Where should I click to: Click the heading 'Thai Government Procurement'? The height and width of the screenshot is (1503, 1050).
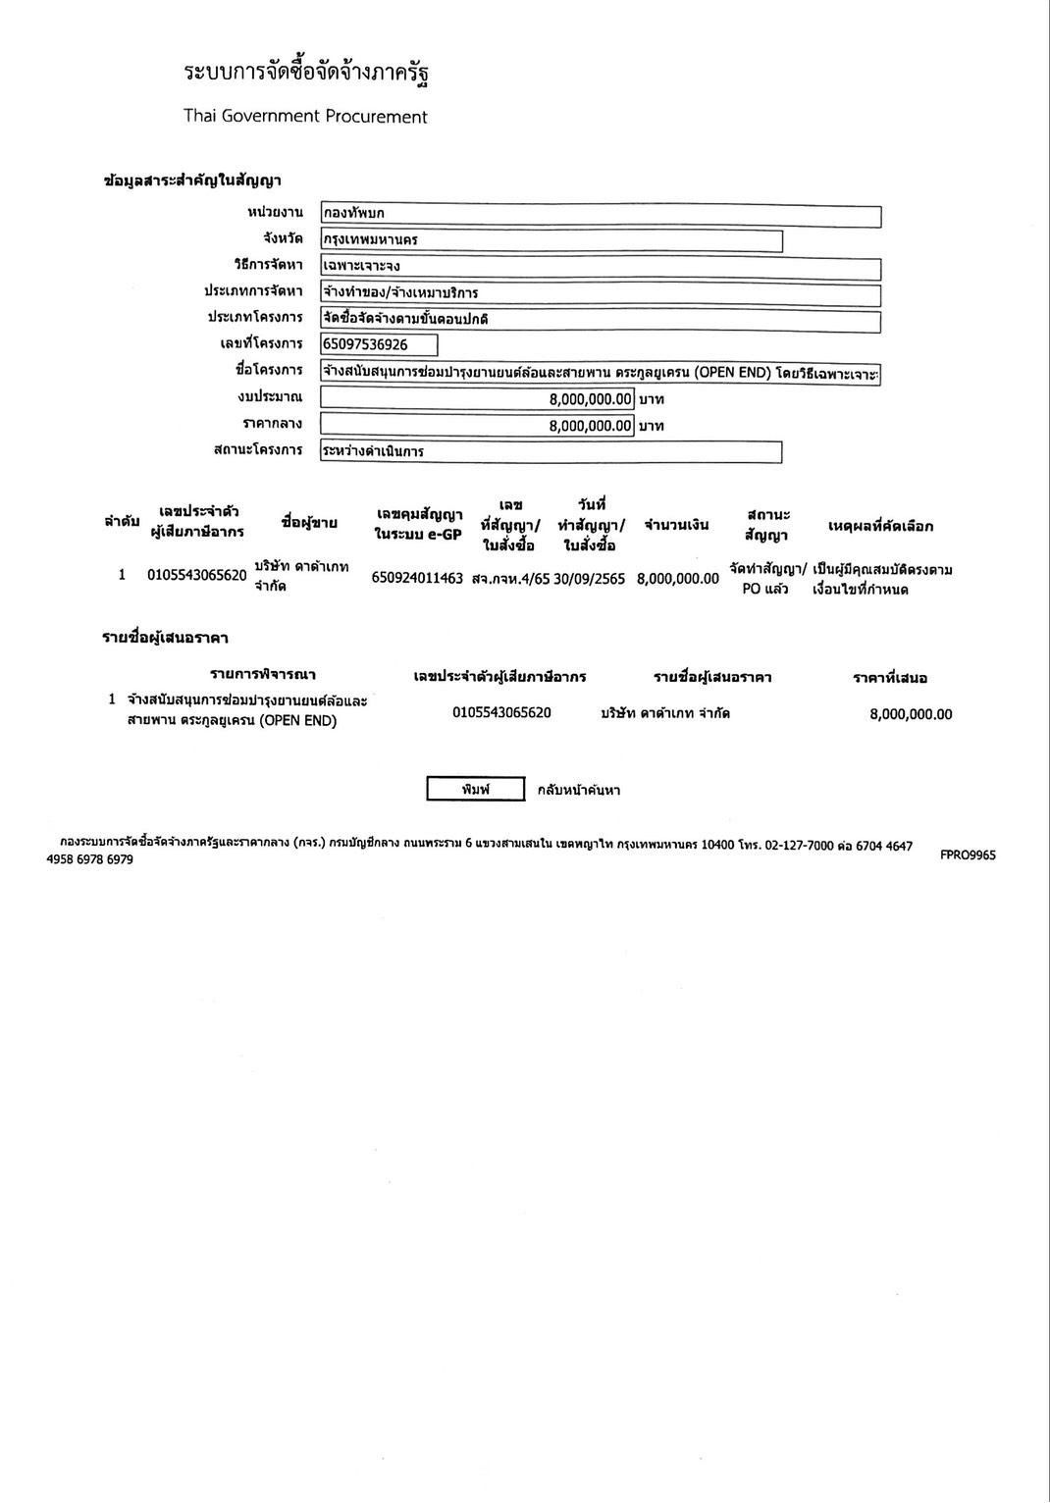pyautogui.click(x=305, y=117)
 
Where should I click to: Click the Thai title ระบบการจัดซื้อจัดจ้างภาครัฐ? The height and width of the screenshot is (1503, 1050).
pyautogui.click(x=306, y=75)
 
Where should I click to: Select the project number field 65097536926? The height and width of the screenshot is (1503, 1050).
pyautogui.click(x=379, y=344)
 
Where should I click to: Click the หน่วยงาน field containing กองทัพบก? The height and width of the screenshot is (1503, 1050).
pyautogui.click(x=601, y=214)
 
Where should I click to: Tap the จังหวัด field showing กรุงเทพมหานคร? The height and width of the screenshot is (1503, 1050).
pyautogui.click(x=551, y=240)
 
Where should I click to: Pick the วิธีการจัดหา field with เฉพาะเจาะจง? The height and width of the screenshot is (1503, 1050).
pyautogui.click(x=601, y=267)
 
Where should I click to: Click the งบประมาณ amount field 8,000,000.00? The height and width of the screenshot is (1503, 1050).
pyautogui.click(x=477, y=399)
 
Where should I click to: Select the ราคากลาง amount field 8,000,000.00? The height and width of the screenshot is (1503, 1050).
pyautogui.click(x=477, y=426)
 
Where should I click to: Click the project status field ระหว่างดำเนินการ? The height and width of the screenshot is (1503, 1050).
pyautogui.click(x=551, y=452)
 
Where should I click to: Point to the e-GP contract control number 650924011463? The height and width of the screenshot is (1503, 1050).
pyautogui.click(x=417, y=578)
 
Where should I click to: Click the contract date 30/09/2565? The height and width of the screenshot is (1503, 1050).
pyautogui.click(x=589, y=579)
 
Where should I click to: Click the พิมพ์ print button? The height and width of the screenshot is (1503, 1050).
pyautogui.click(x=476, y=789)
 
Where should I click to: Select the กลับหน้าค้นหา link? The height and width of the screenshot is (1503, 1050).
pyautogui.click(x=579, y=790)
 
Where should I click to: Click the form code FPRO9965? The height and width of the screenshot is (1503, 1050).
pyautogui.click(x=968, y=855)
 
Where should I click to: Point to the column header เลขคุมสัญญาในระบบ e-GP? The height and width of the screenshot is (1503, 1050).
pyautogui.click(x=419, y=525)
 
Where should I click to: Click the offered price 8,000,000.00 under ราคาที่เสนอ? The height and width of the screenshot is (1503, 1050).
pyautogui.click(x=911, y=714)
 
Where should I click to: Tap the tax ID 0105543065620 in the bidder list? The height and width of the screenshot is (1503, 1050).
pyautogui.click(x=501, y=712)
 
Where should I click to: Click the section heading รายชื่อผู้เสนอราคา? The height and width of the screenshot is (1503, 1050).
pyautogui.click(x=166, y=638)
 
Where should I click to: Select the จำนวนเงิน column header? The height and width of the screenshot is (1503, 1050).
pyautogui.click(x=676, y=525)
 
